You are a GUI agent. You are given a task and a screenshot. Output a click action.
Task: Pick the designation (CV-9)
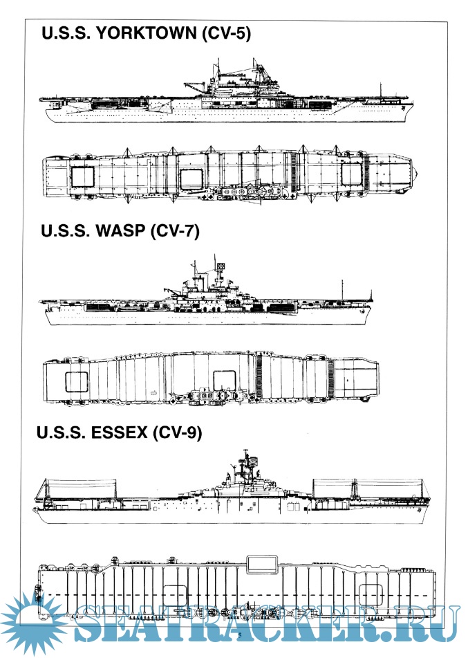point(177,432)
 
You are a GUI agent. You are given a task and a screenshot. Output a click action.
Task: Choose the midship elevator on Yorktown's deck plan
point(191,177)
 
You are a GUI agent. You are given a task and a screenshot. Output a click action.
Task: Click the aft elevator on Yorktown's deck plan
point(84,176)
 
